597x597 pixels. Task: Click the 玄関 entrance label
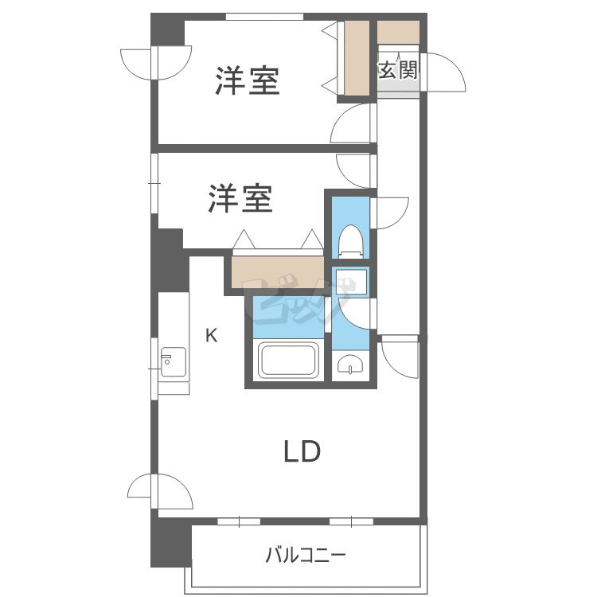pyautogui.click(x=397, y=70)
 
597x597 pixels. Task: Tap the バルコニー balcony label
pyautogui.click(x=306, y=555)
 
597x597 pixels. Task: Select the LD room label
pyautogui.click(x=302, y=452)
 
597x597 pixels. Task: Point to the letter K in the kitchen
pyautogui.click(x=211, y=335)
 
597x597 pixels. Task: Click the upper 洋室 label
pyautogui.click(x=247, y=81)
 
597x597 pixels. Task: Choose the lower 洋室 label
pyautogui.click(x=240, y=199)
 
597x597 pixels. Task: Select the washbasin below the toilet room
pyautogui.click(x=351, y=365)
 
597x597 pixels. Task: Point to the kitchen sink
pyautogui.click(x=173, y=362)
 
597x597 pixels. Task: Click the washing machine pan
pyautogui.click(x=350, y=282)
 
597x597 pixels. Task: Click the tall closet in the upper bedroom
pyautogui.click(x=357, y=58)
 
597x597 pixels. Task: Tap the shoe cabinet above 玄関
pyautogui.click(x=398, y=32)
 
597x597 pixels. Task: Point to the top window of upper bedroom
pyautogui.click(x=263, y=17)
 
